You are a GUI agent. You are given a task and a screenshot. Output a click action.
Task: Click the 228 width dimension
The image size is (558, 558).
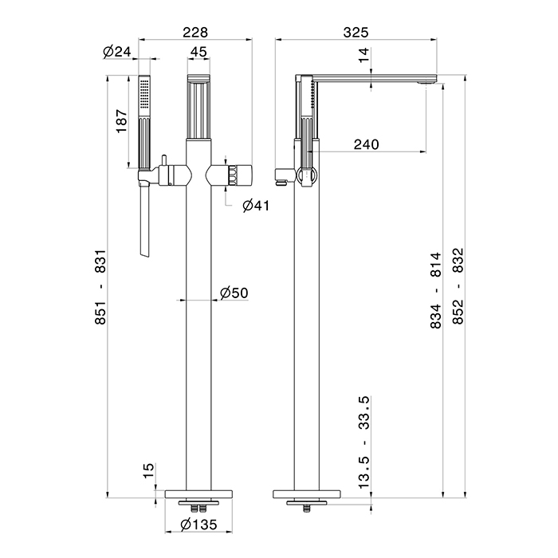click(x=195, y=33)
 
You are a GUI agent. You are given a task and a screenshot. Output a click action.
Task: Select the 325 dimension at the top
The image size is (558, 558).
click(x=356, y=33)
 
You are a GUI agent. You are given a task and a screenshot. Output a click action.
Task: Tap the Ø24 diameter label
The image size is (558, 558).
click(x=117, y=52)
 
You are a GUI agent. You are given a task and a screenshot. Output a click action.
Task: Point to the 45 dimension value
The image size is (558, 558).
click(x=198, y=52)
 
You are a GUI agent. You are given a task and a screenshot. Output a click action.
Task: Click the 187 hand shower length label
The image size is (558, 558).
click(x=121, y=121)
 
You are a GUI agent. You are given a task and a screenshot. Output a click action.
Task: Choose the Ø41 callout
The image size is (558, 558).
click(x=256, y=206)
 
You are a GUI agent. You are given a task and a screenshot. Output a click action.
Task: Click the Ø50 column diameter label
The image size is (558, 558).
click(x=234, y=293)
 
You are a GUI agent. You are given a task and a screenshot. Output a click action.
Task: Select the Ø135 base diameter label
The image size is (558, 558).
click(x=198, y=525)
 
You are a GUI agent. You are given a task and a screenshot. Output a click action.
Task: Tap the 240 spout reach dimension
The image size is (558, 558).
click(x=367, y=144)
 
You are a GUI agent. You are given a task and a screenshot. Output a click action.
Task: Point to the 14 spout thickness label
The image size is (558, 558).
click(x=364, y=55)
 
